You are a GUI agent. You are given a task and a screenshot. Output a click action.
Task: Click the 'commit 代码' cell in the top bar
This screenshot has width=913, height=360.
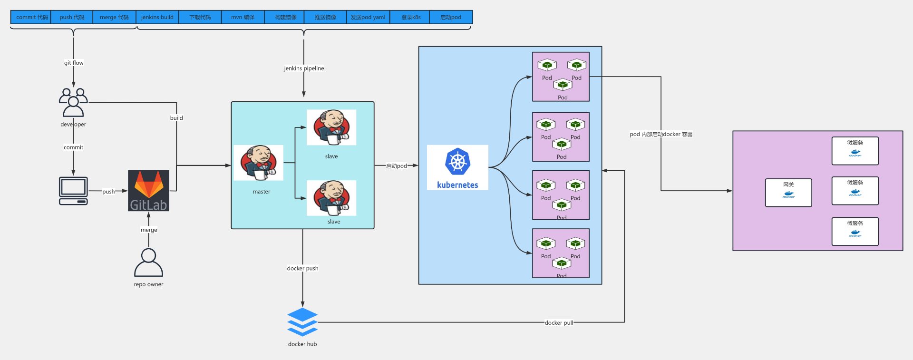pos(31,17)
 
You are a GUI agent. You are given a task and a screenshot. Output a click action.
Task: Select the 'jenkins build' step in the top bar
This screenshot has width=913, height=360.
pos(157,17)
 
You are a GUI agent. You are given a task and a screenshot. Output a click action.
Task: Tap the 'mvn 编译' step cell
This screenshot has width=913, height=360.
pos(243,17)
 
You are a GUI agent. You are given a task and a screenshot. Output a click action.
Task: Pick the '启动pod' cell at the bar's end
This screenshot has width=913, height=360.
pos(450,17)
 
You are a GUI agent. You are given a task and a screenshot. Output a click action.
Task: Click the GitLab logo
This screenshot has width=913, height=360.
pos(148,191)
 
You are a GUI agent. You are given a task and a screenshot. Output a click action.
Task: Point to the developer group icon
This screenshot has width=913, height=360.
pos(73,102)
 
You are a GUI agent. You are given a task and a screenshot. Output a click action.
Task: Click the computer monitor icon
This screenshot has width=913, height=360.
pos(73,191)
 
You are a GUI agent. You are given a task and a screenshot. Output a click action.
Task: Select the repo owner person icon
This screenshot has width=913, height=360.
pos(148,262)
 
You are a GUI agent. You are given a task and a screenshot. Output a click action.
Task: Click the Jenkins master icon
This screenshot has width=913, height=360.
pos(258,163)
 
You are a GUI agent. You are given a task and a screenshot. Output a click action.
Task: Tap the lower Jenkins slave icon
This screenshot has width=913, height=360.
pos(331,198)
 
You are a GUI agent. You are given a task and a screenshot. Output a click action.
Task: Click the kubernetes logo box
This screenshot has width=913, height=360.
pos(457,167)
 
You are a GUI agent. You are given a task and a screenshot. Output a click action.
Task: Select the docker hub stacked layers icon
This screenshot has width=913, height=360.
pos(302,322)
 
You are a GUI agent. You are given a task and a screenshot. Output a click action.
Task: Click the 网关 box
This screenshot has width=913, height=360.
pos(788,193)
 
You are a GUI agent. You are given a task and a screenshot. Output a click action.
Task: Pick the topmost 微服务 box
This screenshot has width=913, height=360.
pos(855,151)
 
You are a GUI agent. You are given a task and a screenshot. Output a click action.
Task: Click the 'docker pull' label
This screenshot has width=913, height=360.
pos(559,322)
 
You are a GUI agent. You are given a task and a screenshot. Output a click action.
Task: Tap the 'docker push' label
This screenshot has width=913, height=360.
pos(302,268)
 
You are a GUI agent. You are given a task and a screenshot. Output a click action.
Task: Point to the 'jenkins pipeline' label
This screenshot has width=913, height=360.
pos(304,68)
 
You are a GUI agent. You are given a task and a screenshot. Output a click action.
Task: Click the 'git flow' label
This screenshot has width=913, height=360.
pos(74,63)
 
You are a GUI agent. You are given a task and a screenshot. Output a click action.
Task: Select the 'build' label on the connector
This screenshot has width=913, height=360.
pos(176,118)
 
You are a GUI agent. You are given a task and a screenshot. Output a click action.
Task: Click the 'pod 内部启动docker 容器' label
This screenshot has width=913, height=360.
pos(661,134)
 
